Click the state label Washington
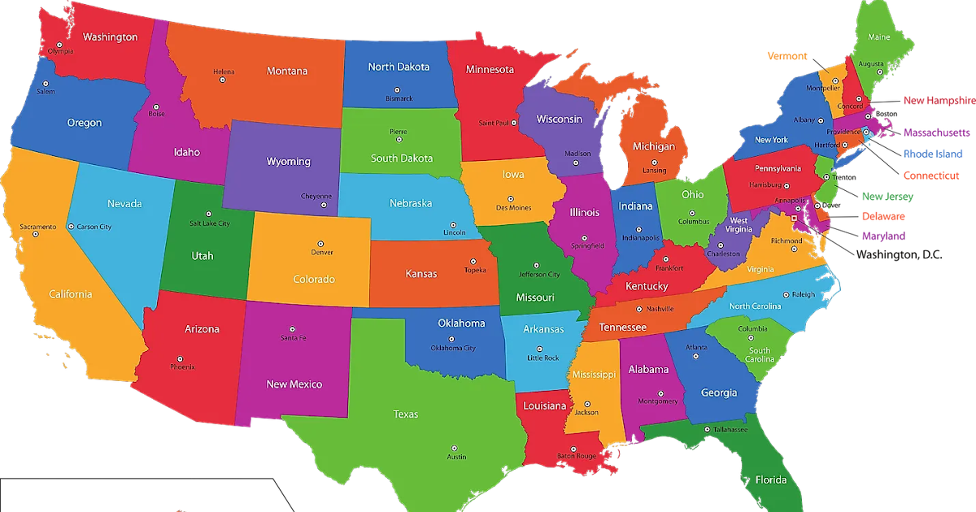pos(110,37)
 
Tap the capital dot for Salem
pos(46,84)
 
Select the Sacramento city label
pos(38,226)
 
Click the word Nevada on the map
pos(124,204)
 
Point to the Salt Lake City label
pos(210,223)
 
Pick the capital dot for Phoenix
pos(179,358)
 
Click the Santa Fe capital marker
pos(293,330)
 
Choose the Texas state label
pos(406,414)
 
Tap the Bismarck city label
pos(399,99)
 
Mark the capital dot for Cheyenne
pos(324,204)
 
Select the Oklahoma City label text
pos(453,349)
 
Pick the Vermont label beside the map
pos(787,56)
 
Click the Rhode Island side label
pos(932,154)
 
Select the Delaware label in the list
pos(883,217)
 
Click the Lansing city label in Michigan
pos(654,171)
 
